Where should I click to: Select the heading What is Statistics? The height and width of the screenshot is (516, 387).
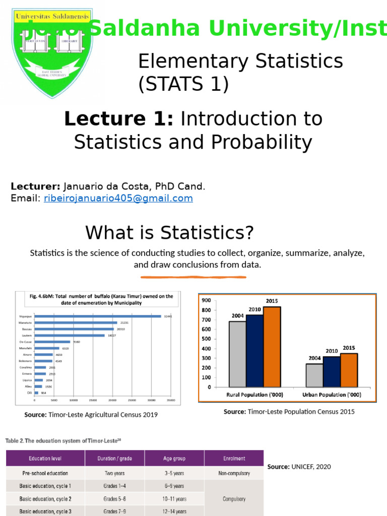coord(170,233)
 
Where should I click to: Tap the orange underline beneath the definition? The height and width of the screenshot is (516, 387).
coord(193,277)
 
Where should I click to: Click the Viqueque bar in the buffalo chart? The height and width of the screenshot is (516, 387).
coord(98,316)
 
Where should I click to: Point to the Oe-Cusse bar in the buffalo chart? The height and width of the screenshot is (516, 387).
coord(52,342)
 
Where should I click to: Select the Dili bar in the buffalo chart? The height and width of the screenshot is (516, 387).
coord(36,393)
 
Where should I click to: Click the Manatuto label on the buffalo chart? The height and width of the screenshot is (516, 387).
coord(26,322)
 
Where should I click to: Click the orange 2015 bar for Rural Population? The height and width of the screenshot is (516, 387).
coord(272,347)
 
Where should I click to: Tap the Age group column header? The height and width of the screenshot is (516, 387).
coord(174,459)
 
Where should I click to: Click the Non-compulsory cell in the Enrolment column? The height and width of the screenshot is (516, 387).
coord(234,473)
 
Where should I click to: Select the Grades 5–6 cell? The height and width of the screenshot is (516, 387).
coord(115,499)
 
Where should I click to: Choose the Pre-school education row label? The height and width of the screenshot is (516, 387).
coord(45,473)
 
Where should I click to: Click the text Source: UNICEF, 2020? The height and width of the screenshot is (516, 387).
coord(299,467)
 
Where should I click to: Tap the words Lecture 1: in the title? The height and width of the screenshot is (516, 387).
coord(119,119)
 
